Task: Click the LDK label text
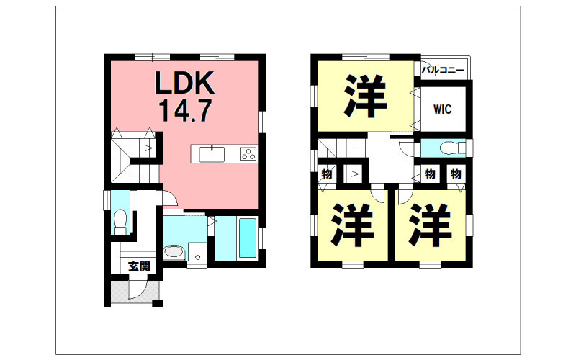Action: pyautogui.click(x=184, y=83)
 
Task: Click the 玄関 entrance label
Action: pyautogui.click(x=139, y=266)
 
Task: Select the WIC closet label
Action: pyautogui.click(x=442, y=109)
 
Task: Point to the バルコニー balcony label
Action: pyautogui.click(x=443, y=69)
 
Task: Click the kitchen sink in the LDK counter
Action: pyautogui.click(x=212, y=154)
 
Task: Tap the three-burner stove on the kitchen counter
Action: pyautogui.click(x=248, y=153)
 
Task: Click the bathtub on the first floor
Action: pyautogui.click(x=248, y=238)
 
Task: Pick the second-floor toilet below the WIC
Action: pyautogui.click(x=451, y=148)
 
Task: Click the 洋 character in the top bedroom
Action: pyautogui.click(x=365, y=96)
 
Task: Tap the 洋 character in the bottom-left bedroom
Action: pyautogui.click(x=352, y=225)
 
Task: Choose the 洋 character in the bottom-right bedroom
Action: pyautogui.click(x=430, y=225)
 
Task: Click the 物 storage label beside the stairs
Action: pyautogui.click(x=326, y=174)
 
